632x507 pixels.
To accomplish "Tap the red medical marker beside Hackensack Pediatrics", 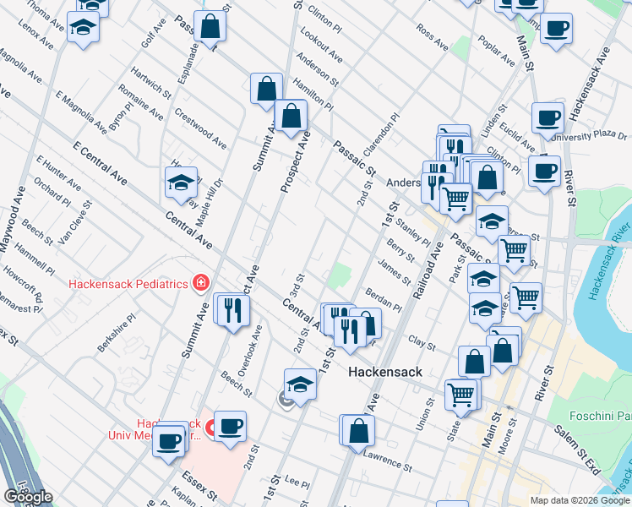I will click(201, 283).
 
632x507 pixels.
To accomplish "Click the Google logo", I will click(28, 497).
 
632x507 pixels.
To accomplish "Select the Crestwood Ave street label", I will click(201, 125).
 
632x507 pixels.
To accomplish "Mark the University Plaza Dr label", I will click(588, 135).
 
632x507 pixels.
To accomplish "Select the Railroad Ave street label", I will click(428, 269).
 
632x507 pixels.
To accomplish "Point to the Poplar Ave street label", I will click(497, 52).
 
